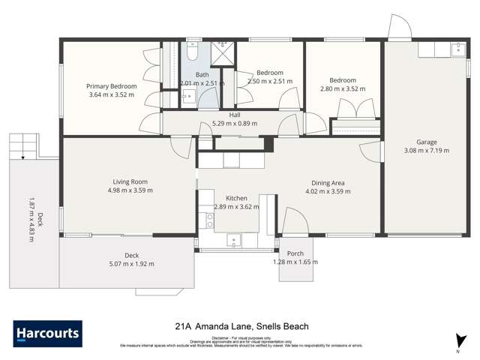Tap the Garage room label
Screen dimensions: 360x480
click(427, 141)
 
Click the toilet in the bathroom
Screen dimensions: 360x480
click(192, 54)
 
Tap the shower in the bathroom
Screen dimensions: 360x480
click(222, 54)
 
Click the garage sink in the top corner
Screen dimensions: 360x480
click(457, 50)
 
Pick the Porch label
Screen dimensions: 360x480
click(295, 254)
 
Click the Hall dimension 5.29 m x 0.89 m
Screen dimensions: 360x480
click(234, 124)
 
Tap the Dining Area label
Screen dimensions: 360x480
click(328, 182)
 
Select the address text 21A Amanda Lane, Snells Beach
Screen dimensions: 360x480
click(241, 326)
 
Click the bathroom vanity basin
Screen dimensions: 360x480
click(189, 96)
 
